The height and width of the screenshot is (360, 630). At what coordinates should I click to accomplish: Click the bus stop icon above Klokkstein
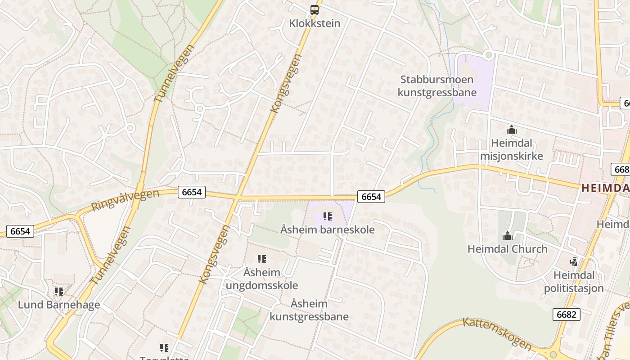[315, 9]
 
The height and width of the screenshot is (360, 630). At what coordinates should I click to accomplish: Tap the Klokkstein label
[315, 23]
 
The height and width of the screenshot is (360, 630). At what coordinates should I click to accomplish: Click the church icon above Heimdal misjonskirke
[511, 130]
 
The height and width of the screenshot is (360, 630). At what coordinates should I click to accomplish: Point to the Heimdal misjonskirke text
[511, 149]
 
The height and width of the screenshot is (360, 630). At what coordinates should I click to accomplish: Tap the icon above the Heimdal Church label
[508, 236]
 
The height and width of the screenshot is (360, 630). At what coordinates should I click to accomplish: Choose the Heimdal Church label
[508, 249]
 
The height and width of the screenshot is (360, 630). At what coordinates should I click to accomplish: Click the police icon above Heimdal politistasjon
[573, 261]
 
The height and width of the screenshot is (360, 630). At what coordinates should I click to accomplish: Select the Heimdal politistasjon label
[574, 282]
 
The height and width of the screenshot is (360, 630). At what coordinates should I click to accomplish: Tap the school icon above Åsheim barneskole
[328, 217]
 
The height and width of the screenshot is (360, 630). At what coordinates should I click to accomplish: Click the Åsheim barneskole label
[328, 229]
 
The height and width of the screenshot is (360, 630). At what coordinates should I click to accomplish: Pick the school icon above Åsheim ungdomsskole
[262, 259]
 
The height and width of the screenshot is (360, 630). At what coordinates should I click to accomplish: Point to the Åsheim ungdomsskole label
[262, 279]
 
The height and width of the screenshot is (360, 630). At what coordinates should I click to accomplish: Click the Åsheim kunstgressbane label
[309, 310]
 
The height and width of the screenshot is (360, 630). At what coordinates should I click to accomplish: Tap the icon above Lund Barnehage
[59, 292]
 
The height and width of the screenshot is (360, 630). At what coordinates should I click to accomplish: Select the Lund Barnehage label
[59, 305]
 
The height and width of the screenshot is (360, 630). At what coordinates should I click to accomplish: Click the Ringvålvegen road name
[125, 200]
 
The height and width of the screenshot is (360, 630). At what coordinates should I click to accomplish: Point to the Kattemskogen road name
[497, 334]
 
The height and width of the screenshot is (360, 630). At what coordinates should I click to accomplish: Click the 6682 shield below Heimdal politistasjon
[566, 314]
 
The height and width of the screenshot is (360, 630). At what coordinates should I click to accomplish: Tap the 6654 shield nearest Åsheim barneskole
[371, 197]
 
